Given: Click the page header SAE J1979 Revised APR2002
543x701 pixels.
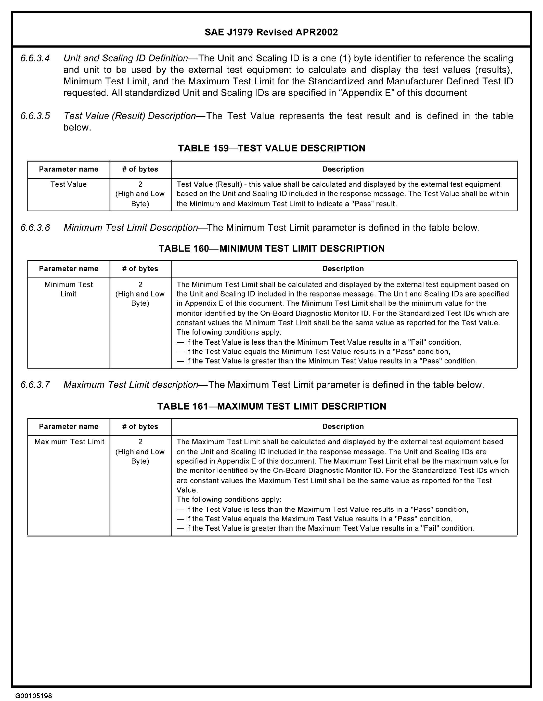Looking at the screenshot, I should (x=271, y=32).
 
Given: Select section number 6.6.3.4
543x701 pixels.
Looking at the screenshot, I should (x=35, y=58).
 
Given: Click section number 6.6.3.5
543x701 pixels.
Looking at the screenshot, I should (x=35, y=116).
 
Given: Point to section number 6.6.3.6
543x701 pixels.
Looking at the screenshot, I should (x=35, y=228).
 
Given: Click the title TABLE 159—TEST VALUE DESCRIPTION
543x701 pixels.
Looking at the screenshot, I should (x=271, y=148).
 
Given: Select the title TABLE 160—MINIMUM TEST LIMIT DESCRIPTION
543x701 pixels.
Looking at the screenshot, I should (x=271, y=249).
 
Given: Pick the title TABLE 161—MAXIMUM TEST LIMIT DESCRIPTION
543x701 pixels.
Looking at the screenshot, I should (x=271, y=406).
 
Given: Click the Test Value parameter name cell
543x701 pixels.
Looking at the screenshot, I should (x=69, y=185).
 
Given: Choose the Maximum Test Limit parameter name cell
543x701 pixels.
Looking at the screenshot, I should (x=69, y=442).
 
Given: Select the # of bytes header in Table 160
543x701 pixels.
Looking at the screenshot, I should (x=140, y=269).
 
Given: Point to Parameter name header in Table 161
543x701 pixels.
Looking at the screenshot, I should (x=69, y=426).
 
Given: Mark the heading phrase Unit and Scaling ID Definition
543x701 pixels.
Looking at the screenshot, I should (x=125, y=58).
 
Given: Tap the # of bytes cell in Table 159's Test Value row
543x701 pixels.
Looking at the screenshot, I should (x=140, y=194).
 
